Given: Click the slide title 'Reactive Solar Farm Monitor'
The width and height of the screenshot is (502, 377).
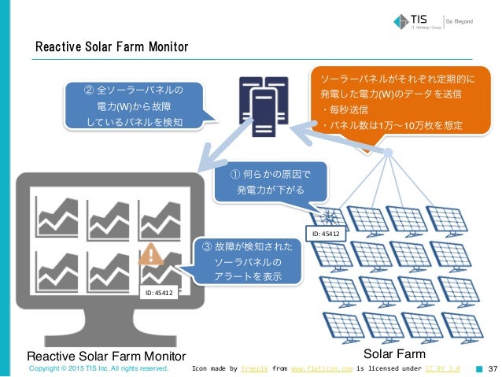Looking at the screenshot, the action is pyautogui.click(x=111, y=48).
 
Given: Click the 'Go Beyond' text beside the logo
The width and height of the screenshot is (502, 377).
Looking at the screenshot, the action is pyautogui.click(x=460, y=21).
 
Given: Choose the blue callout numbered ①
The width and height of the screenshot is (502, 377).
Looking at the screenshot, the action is pyautogui.click(x=270, y=183).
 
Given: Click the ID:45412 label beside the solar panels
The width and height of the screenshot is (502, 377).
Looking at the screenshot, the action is pyautogui.click(x=323, y=234).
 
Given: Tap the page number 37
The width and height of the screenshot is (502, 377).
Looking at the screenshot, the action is pyautogui.click(x=493, y=368).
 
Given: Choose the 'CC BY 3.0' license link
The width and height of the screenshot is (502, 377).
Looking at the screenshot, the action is pyautogui.click(x=442, y=368).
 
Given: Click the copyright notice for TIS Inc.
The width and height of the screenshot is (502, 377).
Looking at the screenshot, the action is pyautogui.click(x=98, y=368).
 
